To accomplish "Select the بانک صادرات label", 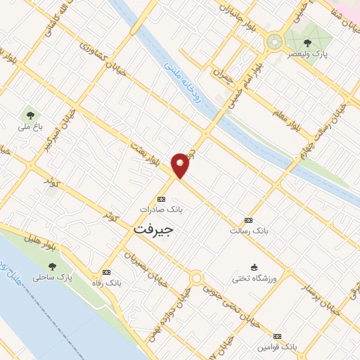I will tap(161, 210).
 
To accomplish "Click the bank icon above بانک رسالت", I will tap(247, 219).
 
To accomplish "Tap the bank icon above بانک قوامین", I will tap(277, 337).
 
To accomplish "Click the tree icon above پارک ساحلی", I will tap(53, 266).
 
